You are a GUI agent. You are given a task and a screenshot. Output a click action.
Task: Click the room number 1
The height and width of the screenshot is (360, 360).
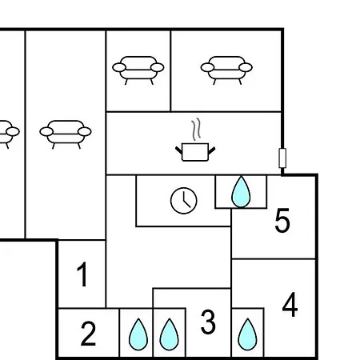click(82, 274)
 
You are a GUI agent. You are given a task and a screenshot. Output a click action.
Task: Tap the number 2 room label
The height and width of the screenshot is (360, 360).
click(88, 334)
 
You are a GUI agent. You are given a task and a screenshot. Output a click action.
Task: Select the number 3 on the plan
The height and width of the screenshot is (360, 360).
click(208, 322)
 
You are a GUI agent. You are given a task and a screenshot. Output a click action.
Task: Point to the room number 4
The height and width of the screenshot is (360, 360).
click(290, 305)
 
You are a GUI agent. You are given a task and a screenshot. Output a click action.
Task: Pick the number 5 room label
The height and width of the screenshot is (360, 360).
click(282, 220)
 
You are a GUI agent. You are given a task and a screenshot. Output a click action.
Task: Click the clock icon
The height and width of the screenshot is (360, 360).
click(183, 201)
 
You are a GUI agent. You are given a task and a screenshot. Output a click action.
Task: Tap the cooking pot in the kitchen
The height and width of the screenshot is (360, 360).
click(195, 152)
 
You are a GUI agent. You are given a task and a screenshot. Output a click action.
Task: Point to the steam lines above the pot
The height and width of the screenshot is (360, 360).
click(196, 129)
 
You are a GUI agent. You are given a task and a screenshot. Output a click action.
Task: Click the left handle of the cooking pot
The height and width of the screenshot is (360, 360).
click(178, 150)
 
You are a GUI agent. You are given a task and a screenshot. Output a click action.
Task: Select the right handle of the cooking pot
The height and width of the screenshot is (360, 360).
click(211, 150)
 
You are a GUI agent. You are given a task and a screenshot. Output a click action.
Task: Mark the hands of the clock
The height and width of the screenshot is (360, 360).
click(186, 201)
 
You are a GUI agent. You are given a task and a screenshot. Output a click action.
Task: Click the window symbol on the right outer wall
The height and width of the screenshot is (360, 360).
click(282, 158)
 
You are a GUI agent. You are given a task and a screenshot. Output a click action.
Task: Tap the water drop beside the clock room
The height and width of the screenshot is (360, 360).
click(241, 191)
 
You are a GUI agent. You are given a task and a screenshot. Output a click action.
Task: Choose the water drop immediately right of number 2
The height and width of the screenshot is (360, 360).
click(138, 334)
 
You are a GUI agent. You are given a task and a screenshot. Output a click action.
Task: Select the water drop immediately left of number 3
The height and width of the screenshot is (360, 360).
click(169, 334)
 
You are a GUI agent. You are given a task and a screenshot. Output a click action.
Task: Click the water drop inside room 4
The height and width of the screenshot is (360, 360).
click(247, 334)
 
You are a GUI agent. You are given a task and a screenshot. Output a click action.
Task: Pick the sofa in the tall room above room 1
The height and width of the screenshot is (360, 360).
click(66, 134)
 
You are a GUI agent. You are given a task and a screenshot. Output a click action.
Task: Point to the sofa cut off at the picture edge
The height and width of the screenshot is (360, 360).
click(9, 134)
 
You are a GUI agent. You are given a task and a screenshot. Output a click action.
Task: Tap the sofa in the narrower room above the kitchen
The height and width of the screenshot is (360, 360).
click(138, 70)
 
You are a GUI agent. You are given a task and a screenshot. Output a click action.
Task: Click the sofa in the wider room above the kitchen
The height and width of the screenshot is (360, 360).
click(226, 70)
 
